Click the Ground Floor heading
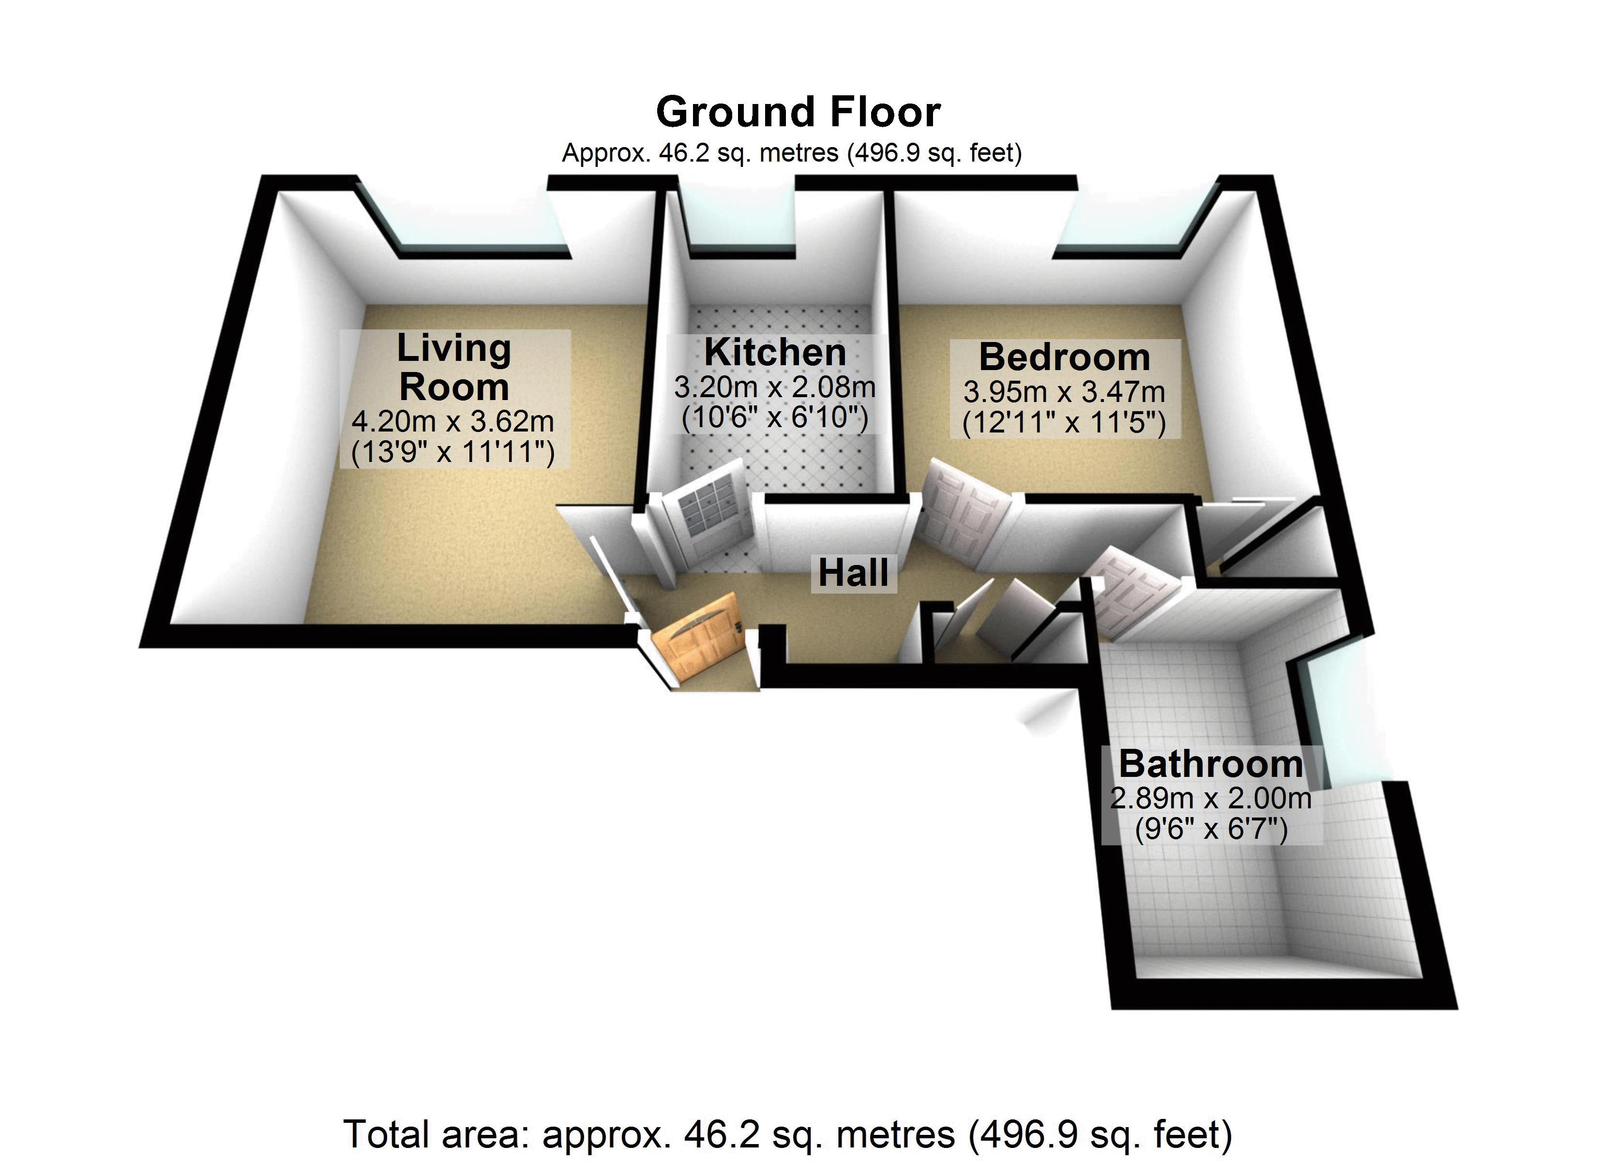pyautogui.click(x=798, y=112)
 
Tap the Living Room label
pyautogui.click(x=454, y=367)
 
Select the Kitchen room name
pyautogui.click(x=775, y=352)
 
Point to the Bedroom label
pyautogui.click(x=1065, y=357)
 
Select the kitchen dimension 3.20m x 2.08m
pyautogui.click(x=775, y=387)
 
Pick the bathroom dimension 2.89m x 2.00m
pyautogui.click(x=1210, y=798)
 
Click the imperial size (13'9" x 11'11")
pyautogui.click(x=453, y=452)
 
